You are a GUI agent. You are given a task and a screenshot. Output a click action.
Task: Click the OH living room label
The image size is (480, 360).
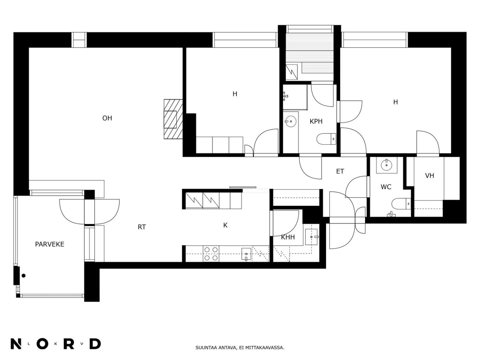tap(107, 118)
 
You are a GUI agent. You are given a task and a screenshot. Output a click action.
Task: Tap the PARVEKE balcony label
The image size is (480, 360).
tap(50, 244)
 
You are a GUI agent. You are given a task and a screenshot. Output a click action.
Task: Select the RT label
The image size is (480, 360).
tap(142, 227)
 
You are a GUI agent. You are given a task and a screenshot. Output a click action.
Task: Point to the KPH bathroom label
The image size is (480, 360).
tap(316, 122)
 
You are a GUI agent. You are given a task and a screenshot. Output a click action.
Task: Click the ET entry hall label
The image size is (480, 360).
tap(340, 171)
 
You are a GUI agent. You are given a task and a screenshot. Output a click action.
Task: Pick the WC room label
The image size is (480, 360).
tap(386, 187)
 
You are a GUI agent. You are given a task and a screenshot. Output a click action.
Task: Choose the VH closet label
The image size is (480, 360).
tap(429, 176)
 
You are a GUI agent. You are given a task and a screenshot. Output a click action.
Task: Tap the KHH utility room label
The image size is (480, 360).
tap(288, 237)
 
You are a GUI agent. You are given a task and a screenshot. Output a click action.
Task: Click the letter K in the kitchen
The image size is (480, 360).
tap(226, 225)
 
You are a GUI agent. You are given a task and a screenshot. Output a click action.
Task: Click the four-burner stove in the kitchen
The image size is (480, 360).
tap(211, 254)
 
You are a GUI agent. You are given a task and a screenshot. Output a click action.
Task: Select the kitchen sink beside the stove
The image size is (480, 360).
tap(246, 254)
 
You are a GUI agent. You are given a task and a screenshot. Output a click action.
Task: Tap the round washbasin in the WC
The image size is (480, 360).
tap(387, 165)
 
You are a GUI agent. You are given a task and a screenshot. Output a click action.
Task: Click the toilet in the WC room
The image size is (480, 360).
tap(401, 204)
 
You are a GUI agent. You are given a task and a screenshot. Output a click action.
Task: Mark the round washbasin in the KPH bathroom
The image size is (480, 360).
tap(291, 121)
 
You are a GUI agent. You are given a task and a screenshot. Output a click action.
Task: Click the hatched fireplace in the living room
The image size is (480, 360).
tap(173, 119)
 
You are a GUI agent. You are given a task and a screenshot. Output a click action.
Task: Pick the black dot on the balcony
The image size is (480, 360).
tap(24, 276)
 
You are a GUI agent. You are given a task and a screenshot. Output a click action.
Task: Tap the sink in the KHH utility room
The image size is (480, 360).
tap(311, 237)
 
